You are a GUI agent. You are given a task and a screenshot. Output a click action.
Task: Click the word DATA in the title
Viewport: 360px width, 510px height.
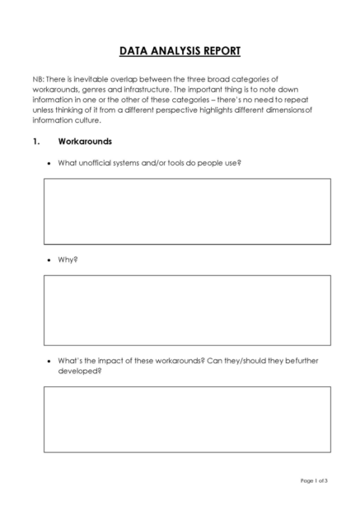[135, 51]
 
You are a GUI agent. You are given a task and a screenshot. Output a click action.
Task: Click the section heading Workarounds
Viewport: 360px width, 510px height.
[85, 141]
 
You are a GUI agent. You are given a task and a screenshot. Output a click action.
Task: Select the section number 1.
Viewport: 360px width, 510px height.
[36, 141]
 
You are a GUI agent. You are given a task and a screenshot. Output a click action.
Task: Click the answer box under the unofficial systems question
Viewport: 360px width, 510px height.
[187, 211]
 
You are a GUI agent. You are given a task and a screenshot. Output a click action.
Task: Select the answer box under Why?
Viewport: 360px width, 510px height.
[187, 309]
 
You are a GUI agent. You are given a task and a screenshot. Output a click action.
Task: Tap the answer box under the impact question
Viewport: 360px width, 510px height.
[187, 419]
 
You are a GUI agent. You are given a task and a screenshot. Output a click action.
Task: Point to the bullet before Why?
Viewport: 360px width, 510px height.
[49, 260]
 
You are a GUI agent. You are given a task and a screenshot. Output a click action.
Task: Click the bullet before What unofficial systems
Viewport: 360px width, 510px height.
[49, 163]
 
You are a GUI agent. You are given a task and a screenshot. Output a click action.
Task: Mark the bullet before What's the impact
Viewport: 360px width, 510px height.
[49, 361]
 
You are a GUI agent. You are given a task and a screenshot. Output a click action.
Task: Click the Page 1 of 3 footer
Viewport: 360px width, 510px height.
[313, 480]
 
